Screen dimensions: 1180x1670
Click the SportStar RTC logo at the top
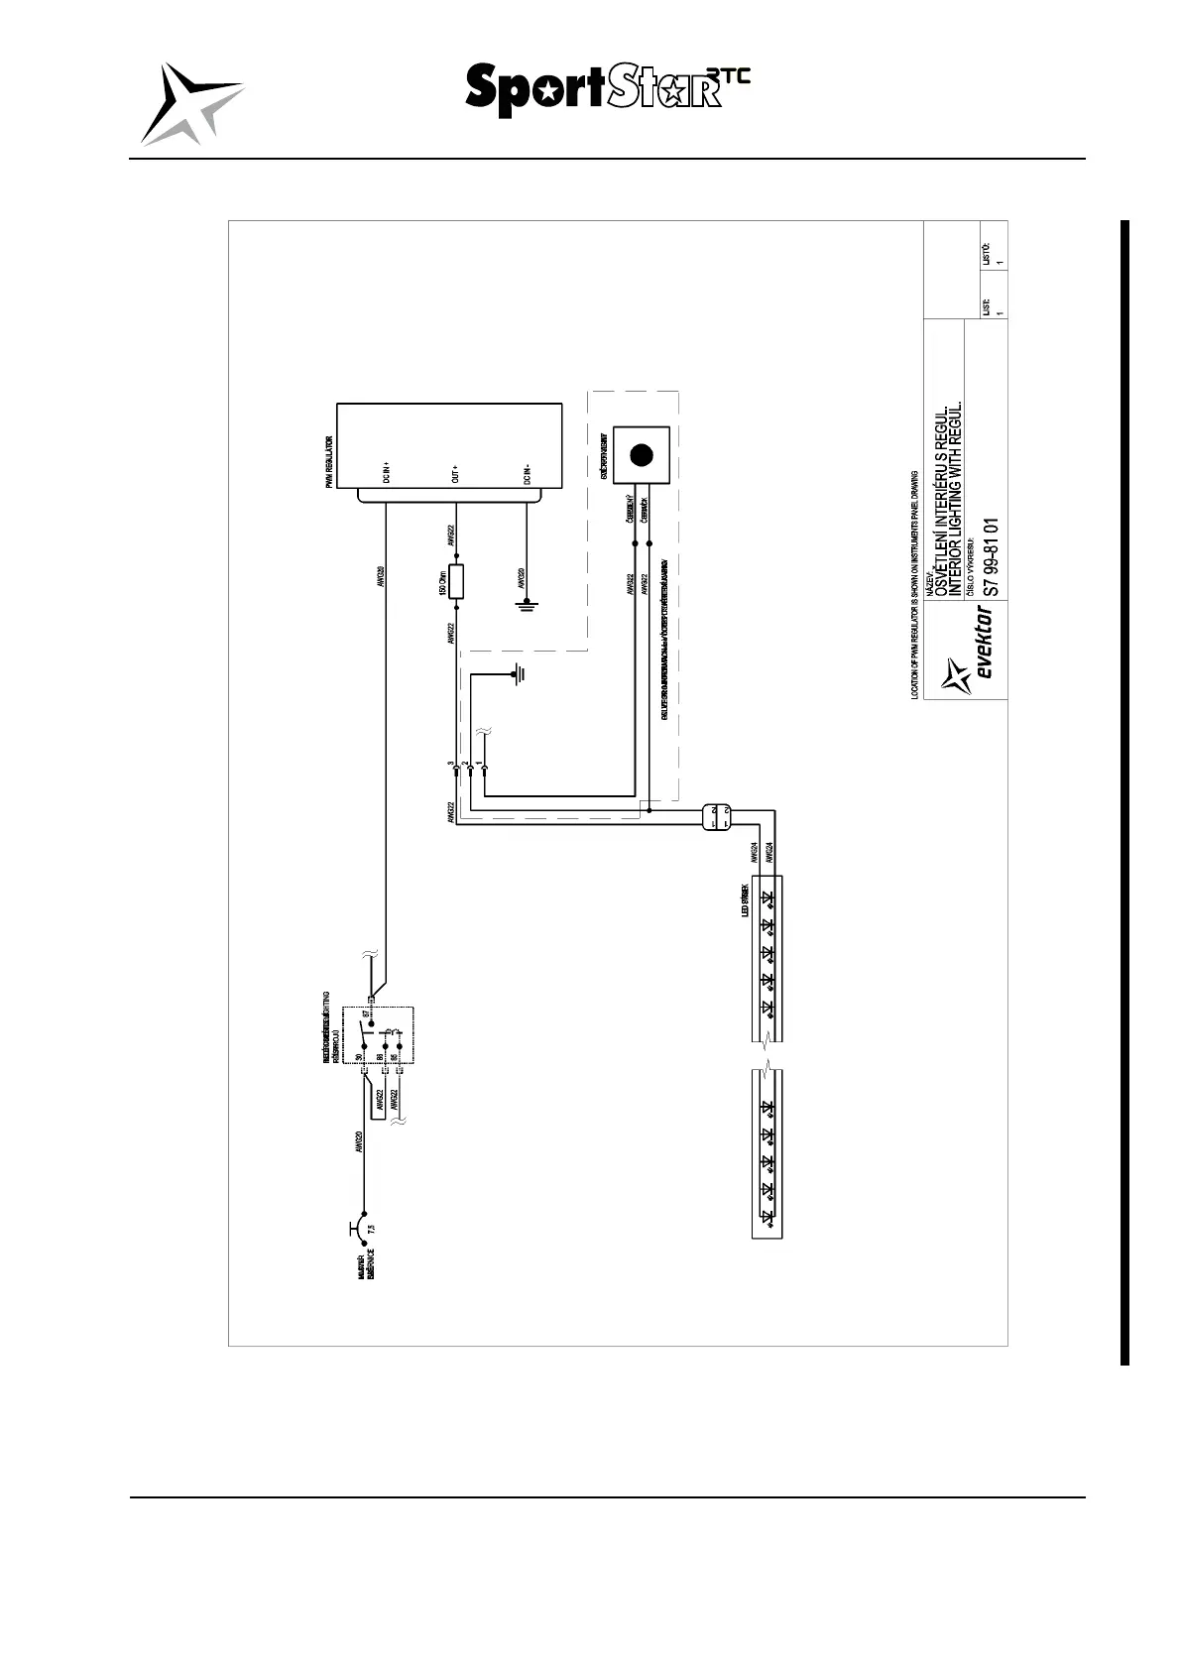606,89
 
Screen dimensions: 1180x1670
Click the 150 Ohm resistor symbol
455,581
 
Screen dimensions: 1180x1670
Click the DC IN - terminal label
526,474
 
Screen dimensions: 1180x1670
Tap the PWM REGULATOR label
328,462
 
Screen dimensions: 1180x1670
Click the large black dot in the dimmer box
642,456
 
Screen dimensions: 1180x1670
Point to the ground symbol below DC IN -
526,603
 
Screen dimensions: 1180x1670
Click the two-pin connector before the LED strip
716,817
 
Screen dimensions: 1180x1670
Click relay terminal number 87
366,1015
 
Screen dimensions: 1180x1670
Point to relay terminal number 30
359,1058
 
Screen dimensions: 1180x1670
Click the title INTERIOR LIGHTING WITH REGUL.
955,500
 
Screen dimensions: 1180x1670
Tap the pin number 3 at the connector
451,765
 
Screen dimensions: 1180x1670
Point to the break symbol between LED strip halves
767,1054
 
